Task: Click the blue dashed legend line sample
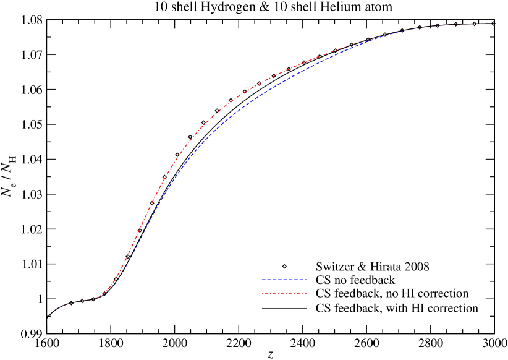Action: [284, 280]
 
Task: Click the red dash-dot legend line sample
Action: [284, 293]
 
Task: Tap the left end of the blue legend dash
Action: [262, 280]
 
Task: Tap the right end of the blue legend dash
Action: [307, 280]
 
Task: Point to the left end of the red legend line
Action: [262, 293]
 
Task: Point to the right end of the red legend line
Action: [307, 293]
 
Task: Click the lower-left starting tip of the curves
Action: [48, 316]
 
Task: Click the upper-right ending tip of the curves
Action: [492, 24]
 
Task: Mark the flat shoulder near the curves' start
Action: [80, 301]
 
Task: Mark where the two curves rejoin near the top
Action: [383, 35]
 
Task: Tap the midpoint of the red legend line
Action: [284, 293]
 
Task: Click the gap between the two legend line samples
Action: [284, 286]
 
